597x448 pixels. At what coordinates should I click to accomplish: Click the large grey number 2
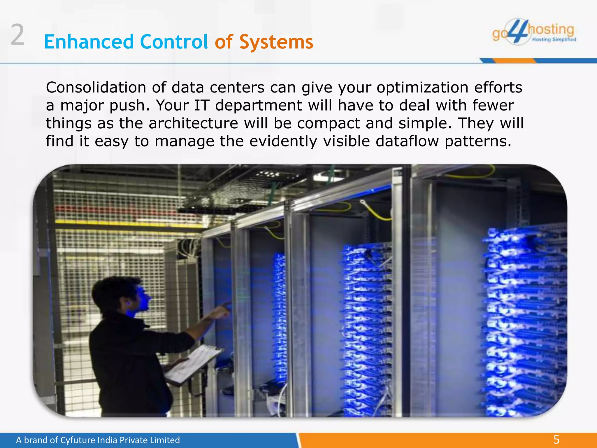17,35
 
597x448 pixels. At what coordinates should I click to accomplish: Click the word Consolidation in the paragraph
96,87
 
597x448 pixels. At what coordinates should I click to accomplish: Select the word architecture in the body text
193,123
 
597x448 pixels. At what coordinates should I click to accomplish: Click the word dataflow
407,141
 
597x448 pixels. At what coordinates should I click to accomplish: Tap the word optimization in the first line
422,88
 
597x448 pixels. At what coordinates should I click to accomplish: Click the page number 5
556,440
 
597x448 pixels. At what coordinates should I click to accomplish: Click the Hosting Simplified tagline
554,40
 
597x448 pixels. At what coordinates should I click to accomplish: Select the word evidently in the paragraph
283,141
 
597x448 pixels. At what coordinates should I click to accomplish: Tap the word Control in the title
174,42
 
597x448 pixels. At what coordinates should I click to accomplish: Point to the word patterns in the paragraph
478,141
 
